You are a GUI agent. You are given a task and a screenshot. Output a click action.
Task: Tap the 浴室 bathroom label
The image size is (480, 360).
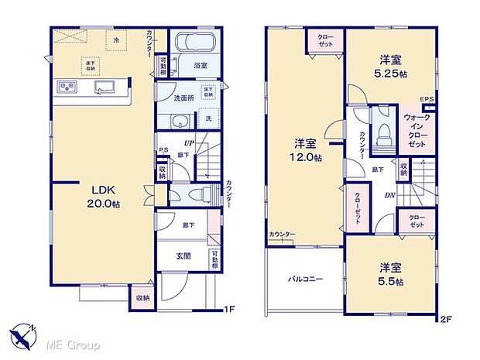[200, 66]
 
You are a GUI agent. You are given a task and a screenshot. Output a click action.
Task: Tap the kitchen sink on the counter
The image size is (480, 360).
[101, 87]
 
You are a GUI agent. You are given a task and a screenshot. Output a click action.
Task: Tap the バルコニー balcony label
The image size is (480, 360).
[306, 279]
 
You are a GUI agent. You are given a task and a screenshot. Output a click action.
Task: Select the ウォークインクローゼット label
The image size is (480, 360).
[418, 131]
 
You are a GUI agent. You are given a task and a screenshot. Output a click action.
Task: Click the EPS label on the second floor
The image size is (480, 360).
[427, 99]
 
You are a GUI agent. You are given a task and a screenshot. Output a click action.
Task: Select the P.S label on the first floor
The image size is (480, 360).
[163, 151]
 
